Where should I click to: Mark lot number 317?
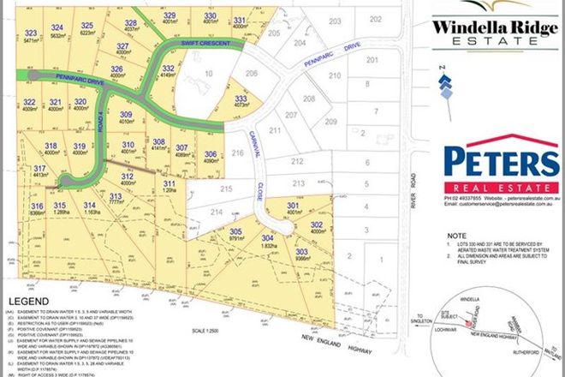(x=39, y=168)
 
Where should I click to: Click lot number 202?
(x=374, y=19)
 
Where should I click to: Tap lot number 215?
(x=226, y=188)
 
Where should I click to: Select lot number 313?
(x=116, y=196)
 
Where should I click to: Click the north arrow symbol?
(x=443, y=86)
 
